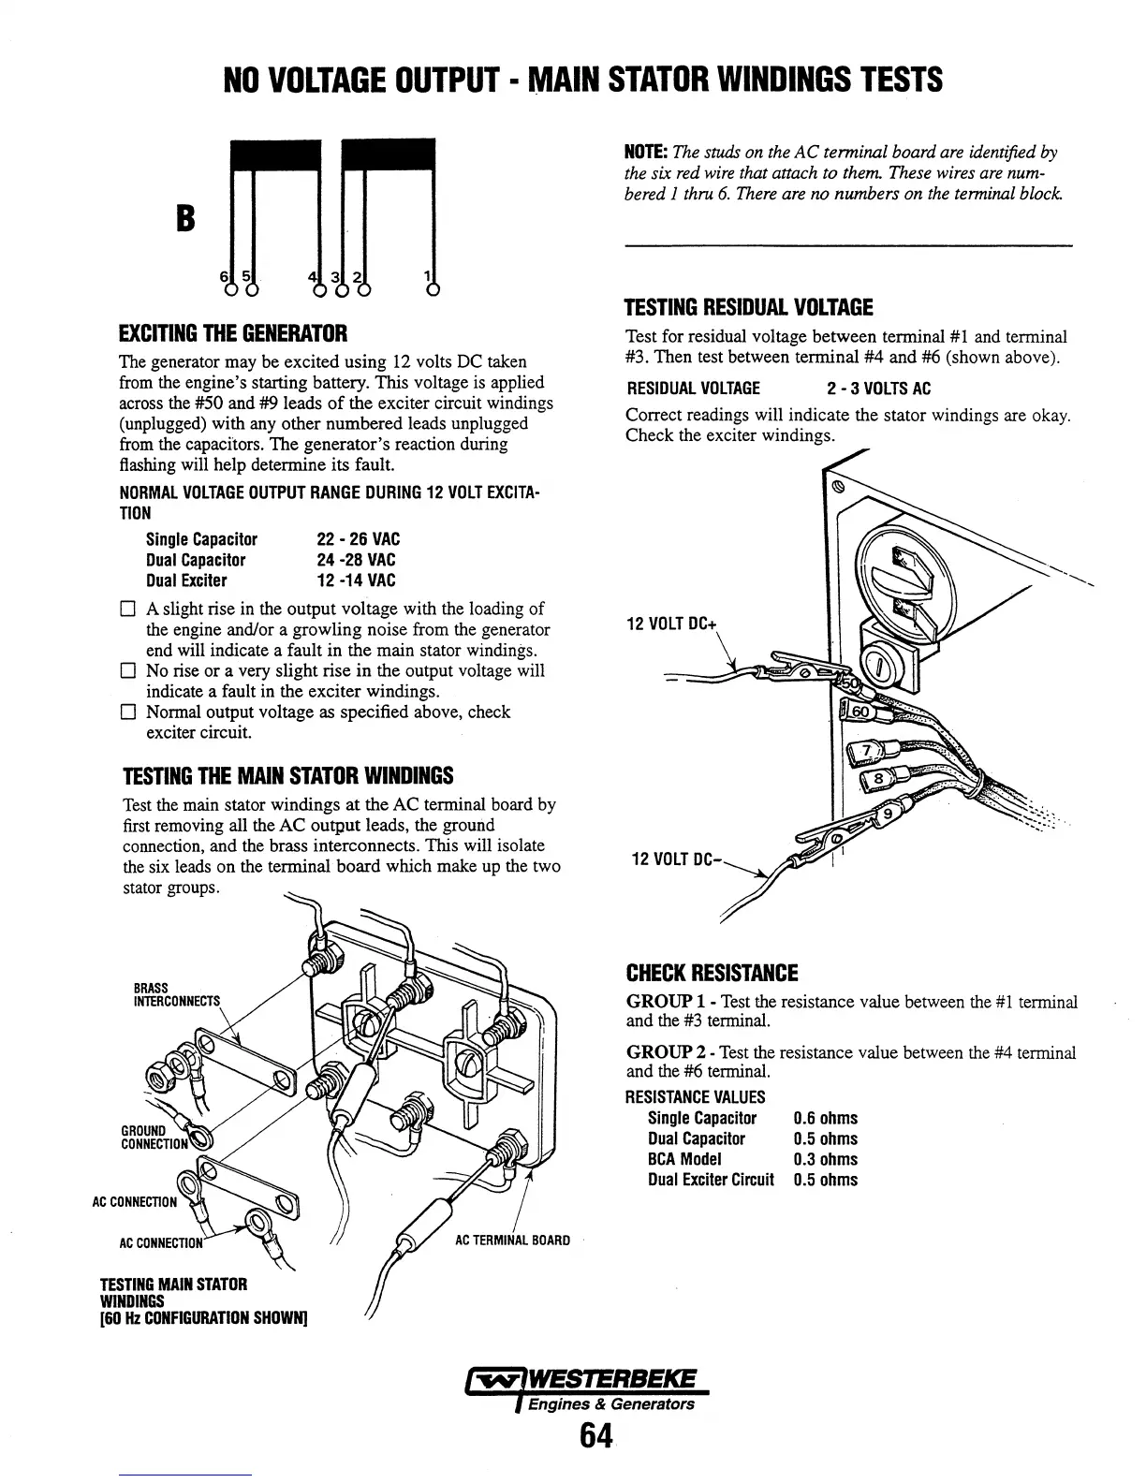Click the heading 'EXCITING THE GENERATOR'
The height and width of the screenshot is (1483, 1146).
(x=233, y=333)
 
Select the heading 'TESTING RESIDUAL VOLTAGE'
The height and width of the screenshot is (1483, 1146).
(x=748, y=307)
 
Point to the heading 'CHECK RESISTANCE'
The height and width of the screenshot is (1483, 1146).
(x=712, y=973)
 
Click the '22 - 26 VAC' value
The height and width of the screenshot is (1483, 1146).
(x=359, y=539)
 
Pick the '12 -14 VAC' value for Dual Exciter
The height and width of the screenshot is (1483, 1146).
(x=357, y=580)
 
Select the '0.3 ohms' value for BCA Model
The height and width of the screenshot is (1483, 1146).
(x=825, y=1159)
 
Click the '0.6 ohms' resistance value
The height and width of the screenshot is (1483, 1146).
(x=825, y=1118)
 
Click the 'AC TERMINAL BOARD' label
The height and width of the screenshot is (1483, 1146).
(x=512, y=1241)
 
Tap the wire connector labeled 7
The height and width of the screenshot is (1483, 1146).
(x=867, y=752)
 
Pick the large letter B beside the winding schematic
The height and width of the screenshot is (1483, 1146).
(x=185, y=219)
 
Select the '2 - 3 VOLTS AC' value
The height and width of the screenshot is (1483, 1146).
(x=879, y=389)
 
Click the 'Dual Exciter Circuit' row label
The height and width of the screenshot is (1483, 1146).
(x=711, y=1180)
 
